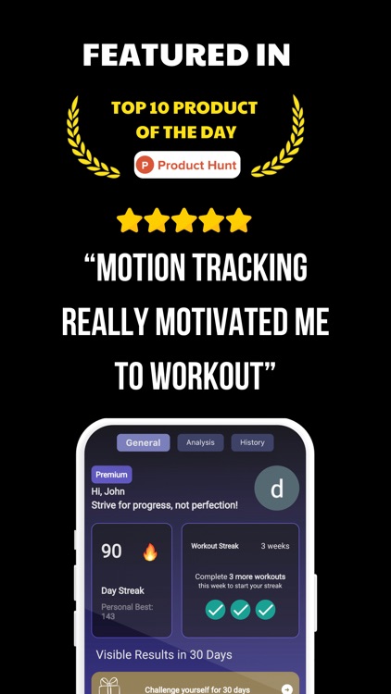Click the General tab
click(144, 442)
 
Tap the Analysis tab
click(200, 442)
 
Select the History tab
click(252, 442)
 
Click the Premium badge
click(111, 475)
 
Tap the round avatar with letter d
click(276, 489)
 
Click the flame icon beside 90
click(150, 552)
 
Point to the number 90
click(111, 551)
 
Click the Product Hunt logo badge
click(187, 165)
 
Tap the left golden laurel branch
click(91, 137)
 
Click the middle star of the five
click(184, 220)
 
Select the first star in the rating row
click(130, 220)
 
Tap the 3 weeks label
click(275, 546)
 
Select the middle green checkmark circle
click(240, 609)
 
